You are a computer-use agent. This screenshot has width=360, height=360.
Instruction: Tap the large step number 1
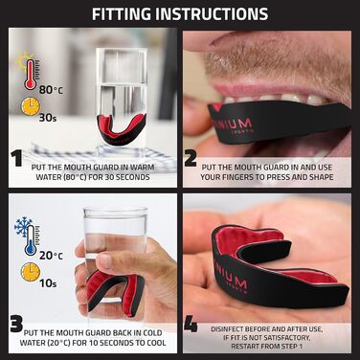(16, 158)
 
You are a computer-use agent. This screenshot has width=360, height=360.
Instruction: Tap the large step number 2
(191, 158)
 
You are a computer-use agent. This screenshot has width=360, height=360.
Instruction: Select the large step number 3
(16, 324)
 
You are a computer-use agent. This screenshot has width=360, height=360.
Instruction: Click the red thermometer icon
(31, 74)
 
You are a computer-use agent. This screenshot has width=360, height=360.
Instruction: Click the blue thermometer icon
(31, 240)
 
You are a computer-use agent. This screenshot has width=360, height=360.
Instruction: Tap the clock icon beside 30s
(31, 106)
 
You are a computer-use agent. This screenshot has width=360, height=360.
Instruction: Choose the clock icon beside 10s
(31, 272)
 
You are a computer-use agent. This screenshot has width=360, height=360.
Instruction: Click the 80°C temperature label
(51, 90)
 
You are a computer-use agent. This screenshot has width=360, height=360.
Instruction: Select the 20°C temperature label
(51, 256)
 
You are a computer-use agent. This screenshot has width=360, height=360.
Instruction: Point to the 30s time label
(48, 118)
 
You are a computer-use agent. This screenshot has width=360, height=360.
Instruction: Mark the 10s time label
(48, 283)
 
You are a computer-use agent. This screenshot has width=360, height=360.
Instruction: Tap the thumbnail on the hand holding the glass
(104, 260)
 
